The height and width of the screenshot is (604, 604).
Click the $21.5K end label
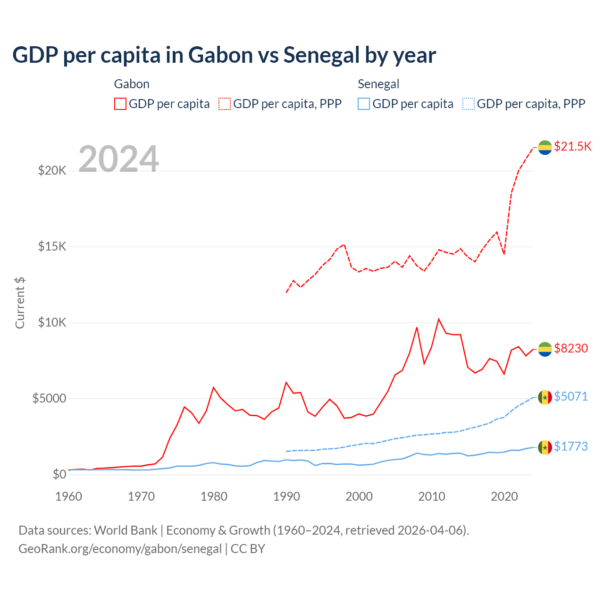(572, 146)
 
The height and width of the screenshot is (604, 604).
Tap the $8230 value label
(571, 348)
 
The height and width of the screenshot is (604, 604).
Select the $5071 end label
(571, 396)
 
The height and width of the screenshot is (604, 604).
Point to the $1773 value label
(571, 446)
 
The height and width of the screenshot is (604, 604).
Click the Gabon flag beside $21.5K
(545, 147)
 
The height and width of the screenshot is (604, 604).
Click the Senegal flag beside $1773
(545, 447)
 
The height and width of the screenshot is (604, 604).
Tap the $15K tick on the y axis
(52, 246)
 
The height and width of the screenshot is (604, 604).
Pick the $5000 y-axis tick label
(49, 398)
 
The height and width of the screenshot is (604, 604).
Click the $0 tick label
(59, 474)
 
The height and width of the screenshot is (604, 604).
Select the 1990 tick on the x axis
(286, 496)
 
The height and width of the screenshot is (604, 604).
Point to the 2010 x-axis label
(432, 496)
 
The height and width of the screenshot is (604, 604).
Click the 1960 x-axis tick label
(69, 496)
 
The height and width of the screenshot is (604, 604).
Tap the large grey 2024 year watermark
(118, 159)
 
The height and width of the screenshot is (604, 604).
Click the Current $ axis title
(20, 303)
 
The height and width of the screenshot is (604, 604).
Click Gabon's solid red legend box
(120, 104)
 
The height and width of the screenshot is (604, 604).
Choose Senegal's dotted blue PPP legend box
(469, 104)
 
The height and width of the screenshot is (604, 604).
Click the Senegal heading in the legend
(378, 84)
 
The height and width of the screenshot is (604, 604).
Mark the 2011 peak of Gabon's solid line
(439, 319)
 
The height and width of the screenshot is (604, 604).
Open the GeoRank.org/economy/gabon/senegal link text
(120, 549)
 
